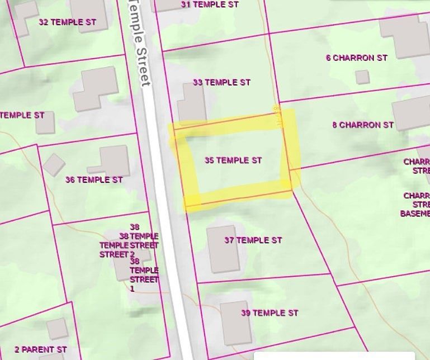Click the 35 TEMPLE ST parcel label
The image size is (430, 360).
[233, 160]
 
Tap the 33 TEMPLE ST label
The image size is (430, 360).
[221, 82]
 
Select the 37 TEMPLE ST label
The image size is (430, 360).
[253, 240]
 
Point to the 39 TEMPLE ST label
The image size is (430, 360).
[270, 313]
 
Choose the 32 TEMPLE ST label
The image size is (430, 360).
[67, 22]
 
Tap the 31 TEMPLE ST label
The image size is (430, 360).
[210, 4]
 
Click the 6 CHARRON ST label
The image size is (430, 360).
[357, 58]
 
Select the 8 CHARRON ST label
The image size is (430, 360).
[363, 125]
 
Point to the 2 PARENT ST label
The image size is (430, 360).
[40, 350]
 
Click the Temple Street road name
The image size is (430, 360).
[139, 42]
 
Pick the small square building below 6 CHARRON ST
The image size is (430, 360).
[362, 77]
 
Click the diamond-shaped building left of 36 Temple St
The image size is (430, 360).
[54, 164]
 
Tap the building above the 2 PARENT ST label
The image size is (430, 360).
[56, 329]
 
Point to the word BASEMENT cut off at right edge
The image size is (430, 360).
[415, 214]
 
